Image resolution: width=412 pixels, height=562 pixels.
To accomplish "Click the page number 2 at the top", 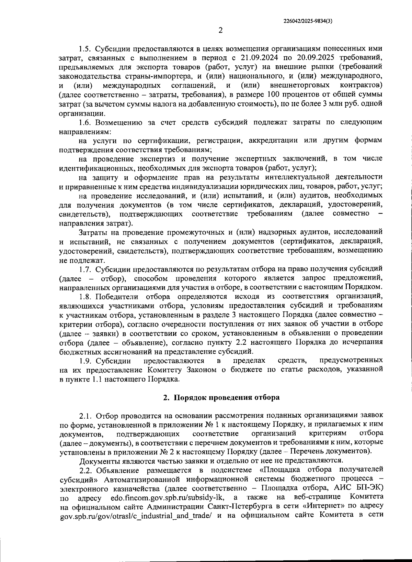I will pos(221,30).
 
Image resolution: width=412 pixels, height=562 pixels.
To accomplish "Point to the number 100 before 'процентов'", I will pos(272,94).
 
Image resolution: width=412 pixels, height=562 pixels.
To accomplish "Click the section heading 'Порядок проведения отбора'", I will pos(227,397).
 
